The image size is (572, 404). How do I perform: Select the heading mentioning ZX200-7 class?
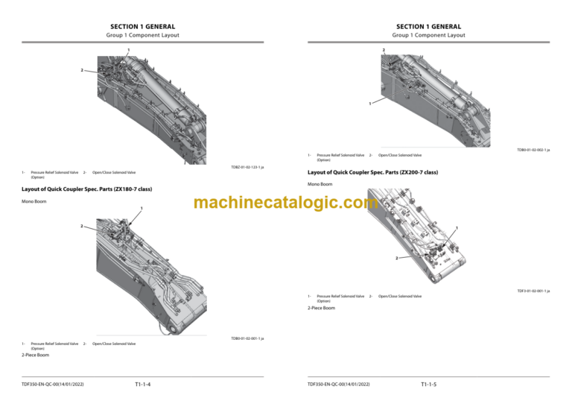[373, 172]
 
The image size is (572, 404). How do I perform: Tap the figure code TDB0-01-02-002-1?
[533, 150]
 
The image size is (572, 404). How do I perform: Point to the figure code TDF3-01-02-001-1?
[533, 291]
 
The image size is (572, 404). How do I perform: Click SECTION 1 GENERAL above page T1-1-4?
[142, 27]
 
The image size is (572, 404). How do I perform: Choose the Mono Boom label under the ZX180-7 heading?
[34, 201]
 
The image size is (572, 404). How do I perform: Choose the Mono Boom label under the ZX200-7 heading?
[320, 184]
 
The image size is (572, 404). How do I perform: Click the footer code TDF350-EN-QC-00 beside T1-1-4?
[54, 385]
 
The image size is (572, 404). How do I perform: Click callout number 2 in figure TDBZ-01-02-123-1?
[82, 71]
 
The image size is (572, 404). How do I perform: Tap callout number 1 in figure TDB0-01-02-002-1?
[370, 103]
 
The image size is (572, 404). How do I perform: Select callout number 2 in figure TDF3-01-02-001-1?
[396, 258]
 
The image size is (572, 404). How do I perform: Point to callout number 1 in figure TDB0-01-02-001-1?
[141, 208]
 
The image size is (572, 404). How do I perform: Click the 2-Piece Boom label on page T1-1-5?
[322, 308]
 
